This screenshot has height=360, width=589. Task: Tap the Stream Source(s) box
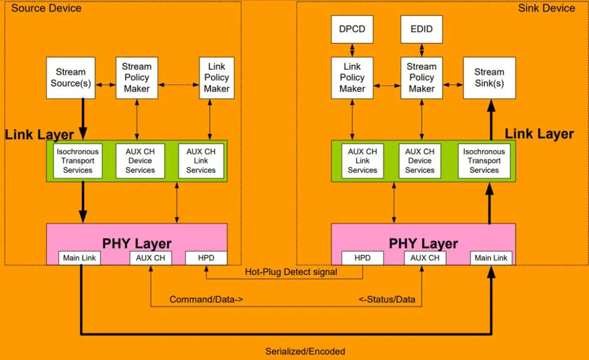coord(71,77)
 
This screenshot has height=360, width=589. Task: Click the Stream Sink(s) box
coord(489,77)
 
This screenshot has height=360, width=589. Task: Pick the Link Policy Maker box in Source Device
coord(217,77)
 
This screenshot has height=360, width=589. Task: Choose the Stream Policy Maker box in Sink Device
coord(421,77)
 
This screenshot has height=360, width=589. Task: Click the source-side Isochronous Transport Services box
coord(78,161)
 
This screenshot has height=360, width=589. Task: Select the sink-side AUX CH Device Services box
coord(420,161)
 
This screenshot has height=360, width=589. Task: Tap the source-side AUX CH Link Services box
coord(201,161)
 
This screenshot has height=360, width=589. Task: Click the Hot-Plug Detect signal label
coord(291,272)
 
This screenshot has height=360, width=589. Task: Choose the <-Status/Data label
coord(387,299)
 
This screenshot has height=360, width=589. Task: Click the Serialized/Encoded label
coord(305,351)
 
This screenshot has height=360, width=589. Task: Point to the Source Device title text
coord(46,8)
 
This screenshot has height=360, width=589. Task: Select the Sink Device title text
coord(546,8)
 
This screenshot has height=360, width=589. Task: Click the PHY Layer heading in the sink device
coord(423,243)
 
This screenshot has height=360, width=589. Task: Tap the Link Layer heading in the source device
coord(39,135)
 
